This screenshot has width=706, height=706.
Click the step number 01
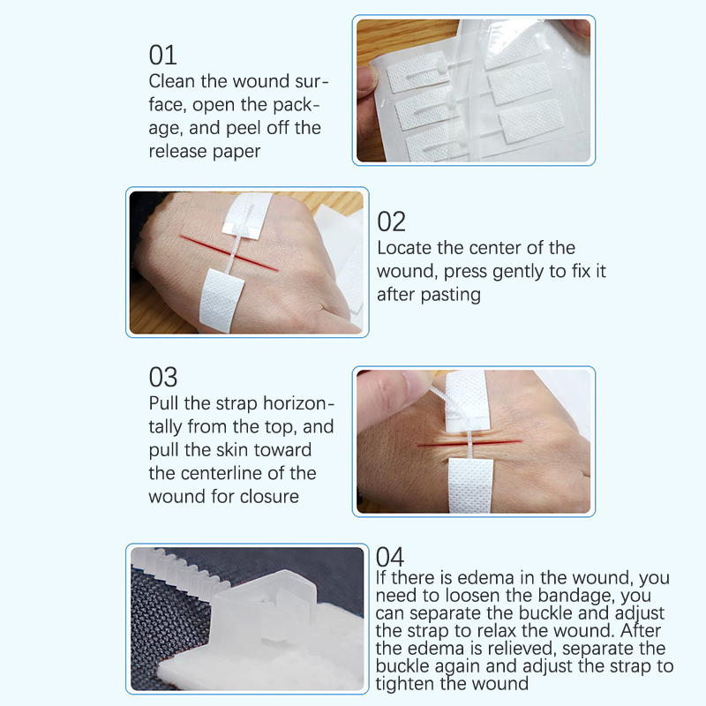tap(162, 55)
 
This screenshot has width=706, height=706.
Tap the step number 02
tap(391, 222)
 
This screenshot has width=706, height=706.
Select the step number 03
tap(163, 377)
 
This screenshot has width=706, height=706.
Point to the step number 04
tap(390, 557)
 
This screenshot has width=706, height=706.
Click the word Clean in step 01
tap(172, 81)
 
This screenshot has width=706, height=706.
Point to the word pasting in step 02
tap(451, 296)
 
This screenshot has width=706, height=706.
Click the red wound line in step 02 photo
tap(229, 252)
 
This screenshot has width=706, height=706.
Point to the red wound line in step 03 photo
tap(469, 444)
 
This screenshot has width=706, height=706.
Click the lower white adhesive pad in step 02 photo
tap(222, 300)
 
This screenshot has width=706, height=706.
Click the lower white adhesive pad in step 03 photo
tap(470, 486)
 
